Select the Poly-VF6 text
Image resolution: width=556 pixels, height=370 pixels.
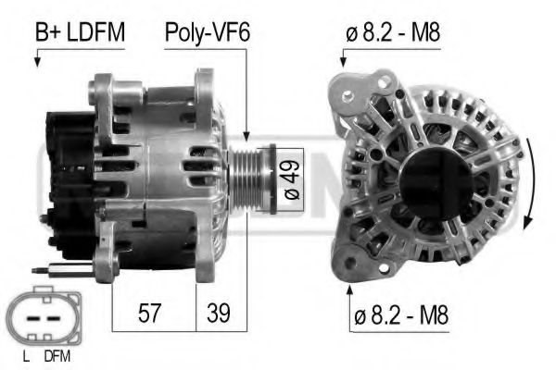208,33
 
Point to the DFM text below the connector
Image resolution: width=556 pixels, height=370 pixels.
57,355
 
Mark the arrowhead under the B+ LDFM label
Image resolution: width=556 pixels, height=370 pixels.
36,63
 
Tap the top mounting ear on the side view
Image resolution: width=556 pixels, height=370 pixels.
103,90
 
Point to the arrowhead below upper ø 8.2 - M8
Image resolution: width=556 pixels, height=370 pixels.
342,63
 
